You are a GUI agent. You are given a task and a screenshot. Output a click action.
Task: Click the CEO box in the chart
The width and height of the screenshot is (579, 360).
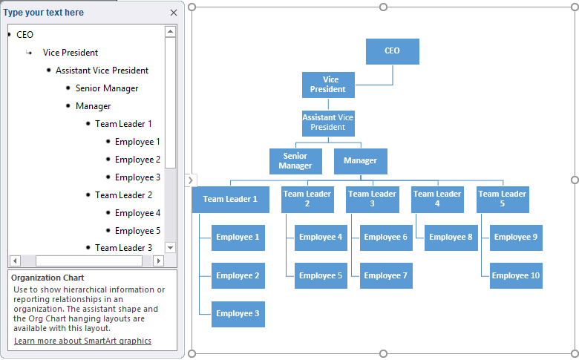coord(392,51)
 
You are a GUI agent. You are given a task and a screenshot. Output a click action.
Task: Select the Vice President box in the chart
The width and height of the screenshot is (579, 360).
coord(328,85)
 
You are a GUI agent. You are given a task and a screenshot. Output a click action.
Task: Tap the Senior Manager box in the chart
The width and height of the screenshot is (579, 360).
coord(295,161)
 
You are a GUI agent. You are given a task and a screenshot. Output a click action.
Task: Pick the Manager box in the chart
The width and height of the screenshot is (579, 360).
coord(360,161)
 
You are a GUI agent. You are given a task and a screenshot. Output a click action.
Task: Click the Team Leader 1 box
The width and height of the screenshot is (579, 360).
coord(230,199)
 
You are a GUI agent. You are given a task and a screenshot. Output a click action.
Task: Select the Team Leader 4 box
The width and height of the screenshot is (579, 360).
coord(437,199)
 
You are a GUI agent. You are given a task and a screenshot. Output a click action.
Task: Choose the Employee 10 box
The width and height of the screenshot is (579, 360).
coord(516,275)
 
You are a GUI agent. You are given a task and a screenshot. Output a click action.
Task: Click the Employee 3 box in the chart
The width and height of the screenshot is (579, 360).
coord(238,313)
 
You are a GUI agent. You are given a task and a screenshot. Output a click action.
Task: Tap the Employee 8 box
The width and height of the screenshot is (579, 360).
coord(451,238)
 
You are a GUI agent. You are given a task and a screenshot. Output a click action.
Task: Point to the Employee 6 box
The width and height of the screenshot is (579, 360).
coord(386,238)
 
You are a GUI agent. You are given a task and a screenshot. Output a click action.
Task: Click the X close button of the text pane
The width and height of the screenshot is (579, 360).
coord(174,13)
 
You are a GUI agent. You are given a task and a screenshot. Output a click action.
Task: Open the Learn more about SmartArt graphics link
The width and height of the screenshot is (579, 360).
coord(82,341)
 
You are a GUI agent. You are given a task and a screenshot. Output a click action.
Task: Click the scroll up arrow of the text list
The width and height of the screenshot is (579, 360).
coord(170,32)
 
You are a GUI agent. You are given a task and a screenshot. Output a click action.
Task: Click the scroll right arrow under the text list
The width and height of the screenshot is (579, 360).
coord(158,261)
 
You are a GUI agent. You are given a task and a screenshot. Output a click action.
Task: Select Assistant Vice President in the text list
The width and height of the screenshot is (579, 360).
coord(102,71)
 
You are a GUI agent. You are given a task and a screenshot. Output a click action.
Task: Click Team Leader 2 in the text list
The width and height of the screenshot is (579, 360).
coord(123,195)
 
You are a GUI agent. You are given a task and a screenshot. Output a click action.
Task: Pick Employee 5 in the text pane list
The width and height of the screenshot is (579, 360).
coord(137,231)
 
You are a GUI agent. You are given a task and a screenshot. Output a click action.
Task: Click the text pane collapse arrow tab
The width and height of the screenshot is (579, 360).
coord(190,180)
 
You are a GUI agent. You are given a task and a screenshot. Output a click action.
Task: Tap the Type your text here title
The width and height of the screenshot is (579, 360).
coord(44,13)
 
